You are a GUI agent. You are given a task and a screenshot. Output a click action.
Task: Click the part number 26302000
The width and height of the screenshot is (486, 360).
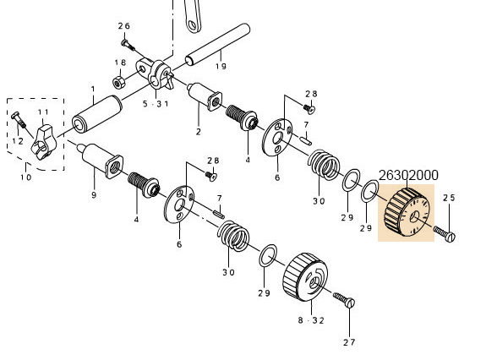408,176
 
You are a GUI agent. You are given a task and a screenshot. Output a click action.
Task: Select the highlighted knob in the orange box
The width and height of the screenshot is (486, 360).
407,212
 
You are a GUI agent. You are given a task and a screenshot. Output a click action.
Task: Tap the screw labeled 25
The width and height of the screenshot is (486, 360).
445,234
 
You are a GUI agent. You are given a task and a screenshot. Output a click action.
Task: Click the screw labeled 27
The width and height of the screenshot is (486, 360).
344,300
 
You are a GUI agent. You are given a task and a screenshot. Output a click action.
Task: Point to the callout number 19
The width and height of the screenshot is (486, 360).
221,66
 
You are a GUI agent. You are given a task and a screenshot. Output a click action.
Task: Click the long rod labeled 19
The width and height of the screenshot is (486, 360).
217,44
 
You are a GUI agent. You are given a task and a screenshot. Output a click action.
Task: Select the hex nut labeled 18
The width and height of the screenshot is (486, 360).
118,83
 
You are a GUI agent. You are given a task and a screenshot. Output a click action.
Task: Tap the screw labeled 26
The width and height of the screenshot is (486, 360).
128,45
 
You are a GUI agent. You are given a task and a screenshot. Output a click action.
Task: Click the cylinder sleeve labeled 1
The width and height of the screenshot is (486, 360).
97,114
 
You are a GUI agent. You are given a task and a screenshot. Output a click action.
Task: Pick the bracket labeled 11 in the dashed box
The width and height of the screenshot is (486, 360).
43,142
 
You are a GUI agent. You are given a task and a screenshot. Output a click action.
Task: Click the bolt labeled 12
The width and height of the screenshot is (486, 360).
19,120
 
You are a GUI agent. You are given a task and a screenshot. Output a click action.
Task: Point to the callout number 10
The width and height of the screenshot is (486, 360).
26,177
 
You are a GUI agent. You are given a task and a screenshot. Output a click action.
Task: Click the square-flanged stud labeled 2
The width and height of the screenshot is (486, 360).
205,96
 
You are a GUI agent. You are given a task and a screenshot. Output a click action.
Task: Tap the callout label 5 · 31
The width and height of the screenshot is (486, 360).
156,104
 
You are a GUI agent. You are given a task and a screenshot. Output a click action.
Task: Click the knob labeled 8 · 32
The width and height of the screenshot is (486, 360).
305,276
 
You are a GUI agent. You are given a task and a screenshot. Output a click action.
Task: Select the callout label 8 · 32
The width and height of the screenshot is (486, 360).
311,320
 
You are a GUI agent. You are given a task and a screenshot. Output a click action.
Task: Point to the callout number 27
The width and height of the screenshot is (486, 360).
349,342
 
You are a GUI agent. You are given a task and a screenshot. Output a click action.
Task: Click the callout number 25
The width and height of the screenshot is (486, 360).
449,198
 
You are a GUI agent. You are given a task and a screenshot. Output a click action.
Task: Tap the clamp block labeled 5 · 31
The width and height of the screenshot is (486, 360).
156,75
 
